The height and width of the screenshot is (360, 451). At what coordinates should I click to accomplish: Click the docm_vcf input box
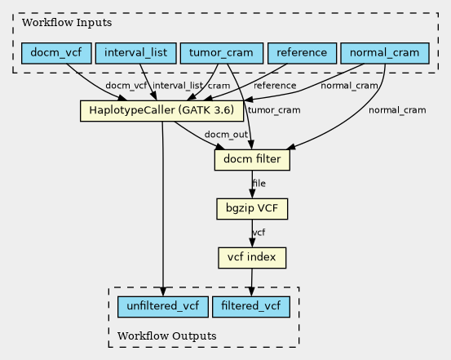(x=56, y=53)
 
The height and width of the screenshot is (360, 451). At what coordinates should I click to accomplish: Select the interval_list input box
(x=135, y=53)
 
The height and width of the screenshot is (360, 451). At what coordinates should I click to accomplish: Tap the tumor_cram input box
(x=222, y=53)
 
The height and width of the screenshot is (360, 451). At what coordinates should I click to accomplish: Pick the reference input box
(x=302, y=53)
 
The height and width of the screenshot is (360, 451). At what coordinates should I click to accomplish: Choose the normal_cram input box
(x=385, y=53)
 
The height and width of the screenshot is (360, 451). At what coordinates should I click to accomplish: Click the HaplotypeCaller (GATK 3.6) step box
(x=161, y=111)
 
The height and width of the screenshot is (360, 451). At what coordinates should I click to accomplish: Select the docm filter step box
(x=252, y=160)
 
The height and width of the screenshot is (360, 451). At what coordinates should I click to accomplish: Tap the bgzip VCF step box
(x=252, y=209)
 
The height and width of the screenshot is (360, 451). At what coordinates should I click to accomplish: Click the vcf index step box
(x=252, y=258)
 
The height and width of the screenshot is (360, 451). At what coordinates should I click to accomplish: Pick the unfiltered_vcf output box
(x=163, y=307)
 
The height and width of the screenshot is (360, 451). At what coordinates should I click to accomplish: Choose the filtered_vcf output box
(x=251, y=307)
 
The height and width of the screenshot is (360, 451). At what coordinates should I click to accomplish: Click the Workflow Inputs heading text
(x=67, y=23)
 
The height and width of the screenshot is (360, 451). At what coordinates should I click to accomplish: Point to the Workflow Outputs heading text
(x=167, y=336)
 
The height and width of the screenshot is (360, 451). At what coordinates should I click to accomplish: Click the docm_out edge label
(x=226, y=135)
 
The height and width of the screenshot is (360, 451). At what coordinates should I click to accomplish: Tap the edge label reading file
(x=259, y=184)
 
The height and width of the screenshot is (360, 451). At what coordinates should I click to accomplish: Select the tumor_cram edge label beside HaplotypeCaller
(x=274, y=110)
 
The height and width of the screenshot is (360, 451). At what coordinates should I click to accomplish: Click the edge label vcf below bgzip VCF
(x=259, y=233)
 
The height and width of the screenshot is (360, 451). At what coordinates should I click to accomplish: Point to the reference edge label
(x=275, y=86)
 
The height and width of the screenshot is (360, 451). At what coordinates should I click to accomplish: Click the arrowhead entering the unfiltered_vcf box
(x=163, y=291)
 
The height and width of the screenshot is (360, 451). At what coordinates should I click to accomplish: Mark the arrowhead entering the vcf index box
(x=252, y=242)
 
